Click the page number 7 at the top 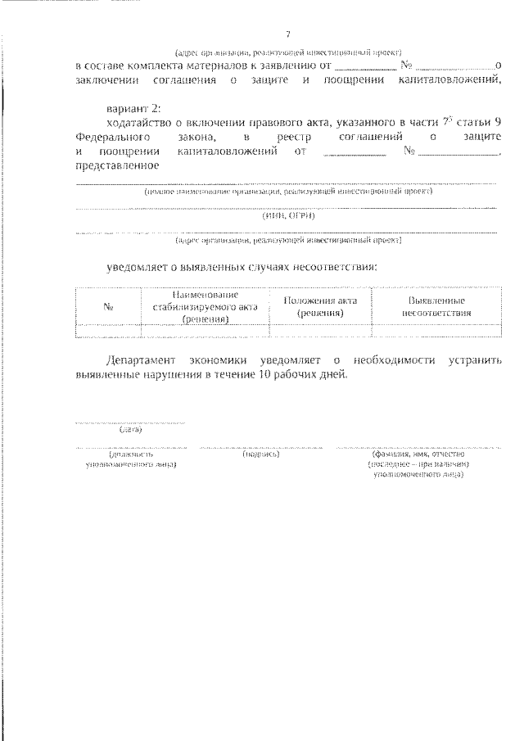click(x=287, y=34)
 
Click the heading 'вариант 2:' click(x=134, y=108)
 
